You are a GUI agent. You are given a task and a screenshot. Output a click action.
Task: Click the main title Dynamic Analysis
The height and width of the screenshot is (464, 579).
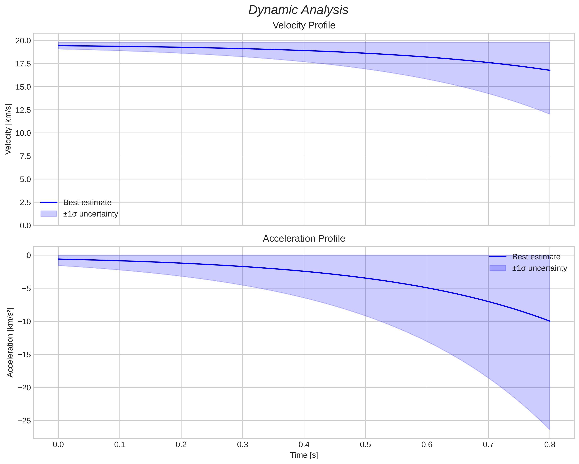[298, 10]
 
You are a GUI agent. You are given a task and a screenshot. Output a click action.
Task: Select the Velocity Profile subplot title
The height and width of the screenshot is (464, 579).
[304, 25]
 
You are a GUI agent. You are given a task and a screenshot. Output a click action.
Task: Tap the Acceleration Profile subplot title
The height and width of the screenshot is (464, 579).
[304, 239]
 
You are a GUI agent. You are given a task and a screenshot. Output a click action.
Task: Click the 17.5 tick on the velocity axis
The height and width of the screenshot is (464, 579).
[23, 64]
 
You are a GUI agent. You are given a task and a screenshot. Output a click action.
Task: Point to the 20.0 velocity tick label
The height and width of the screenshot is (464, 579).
[23, 41]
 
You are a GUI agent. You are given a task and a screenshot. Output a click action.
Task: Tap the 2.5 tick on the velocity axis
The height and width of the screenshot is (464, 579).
[25, 202]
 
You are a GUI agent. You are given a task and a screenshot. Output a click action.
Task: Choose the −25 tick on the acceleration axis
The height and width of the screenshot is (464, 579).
[24, 421]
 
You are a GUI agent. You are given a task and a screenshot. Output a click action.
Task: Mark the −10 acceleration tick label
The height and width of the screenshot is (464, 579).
[24, 321]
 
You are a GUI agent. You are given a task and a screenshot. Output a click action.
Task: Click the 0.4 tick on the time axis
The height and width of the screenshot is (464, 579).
[304, 445]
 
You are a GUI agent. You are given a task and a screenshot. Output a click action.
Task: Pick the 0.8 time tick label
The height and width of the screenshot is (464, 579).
[550, 445]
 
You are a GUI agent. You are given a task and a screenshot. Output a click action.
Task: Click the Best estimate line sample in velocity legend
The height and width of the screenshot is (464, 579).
[49, 202]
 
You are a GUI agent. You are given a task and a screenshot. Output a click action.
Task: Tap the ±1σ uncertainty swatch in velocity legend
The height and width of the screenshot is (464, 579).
[49, 214]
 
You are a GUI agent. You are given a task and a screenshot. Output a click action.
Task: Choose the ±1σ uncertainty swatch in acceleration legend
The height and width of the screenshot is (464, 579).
[498, 268]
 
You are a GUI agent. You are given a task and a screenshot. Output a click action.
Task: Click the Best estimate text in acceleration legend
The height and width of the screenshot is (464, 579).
[536, 257]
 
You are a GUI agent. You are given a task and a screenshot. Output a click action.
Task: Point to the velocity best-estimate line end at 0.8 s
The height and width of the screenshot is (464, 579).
[550, 70]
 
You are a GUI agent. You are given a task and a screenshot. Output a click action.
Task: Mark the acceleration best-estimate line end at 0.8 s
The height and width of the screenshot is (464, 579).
[550, 321]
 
